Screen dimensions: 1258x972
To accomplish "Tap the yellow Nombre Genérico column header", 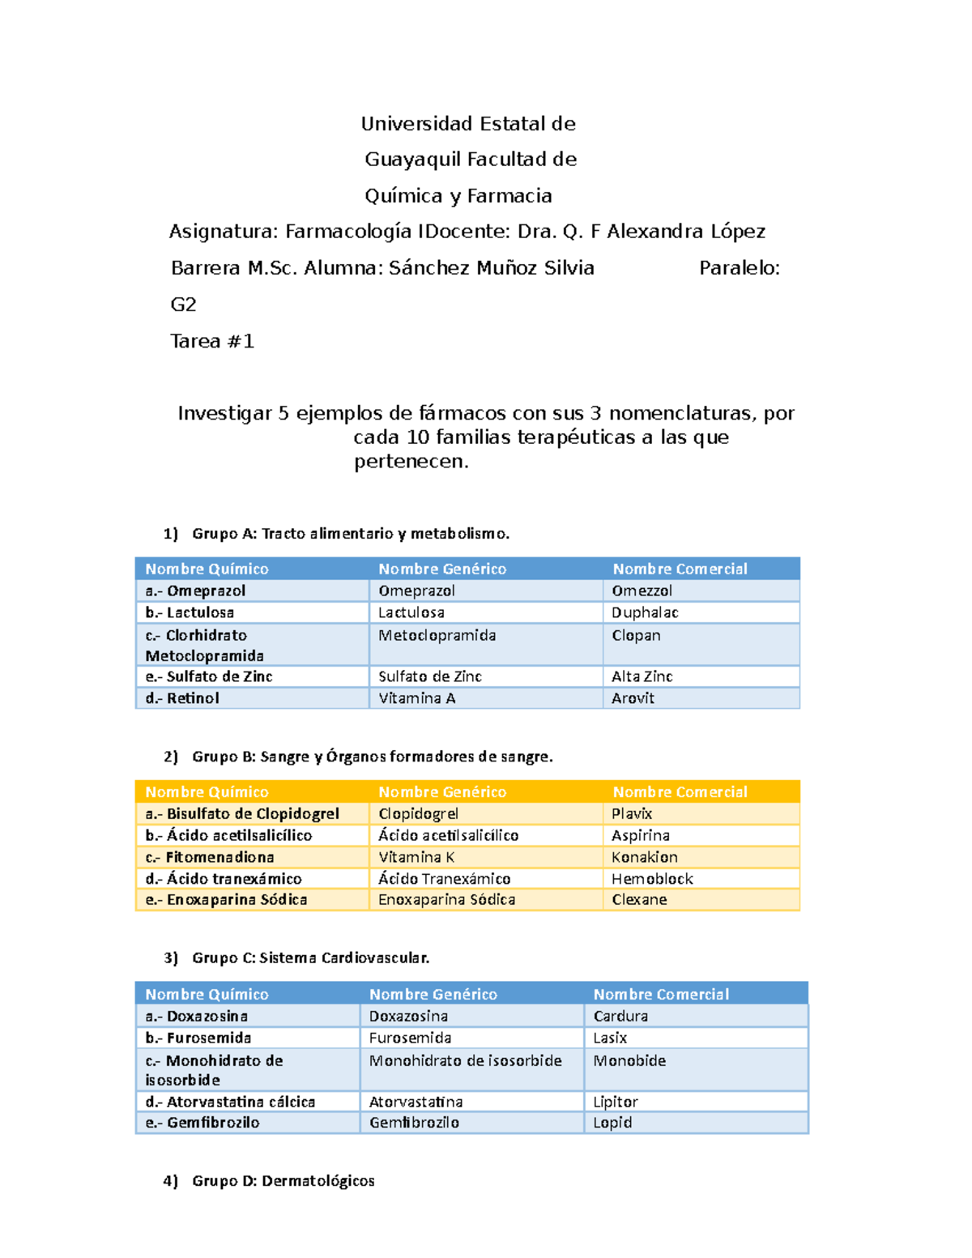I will tap(442, 792).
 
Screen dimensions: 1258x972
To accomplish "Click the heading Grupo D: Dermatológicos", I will tap(283, 1181).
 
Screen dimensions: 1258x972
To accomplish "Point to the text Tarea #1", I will tap(212, 341).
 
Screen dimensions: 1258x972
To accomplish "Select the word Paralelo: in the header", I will tap(740, 268).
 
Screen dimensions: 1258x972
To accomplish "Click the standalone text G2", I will tap(183, 305).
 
